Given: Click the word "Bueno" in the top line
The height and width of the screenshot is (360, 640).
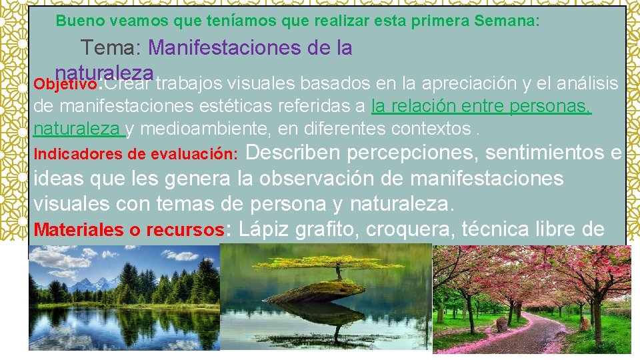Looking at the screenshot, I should point(75,21).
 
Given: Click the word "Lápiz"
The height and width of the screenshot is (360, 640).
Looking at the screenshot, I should point(263,230).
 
